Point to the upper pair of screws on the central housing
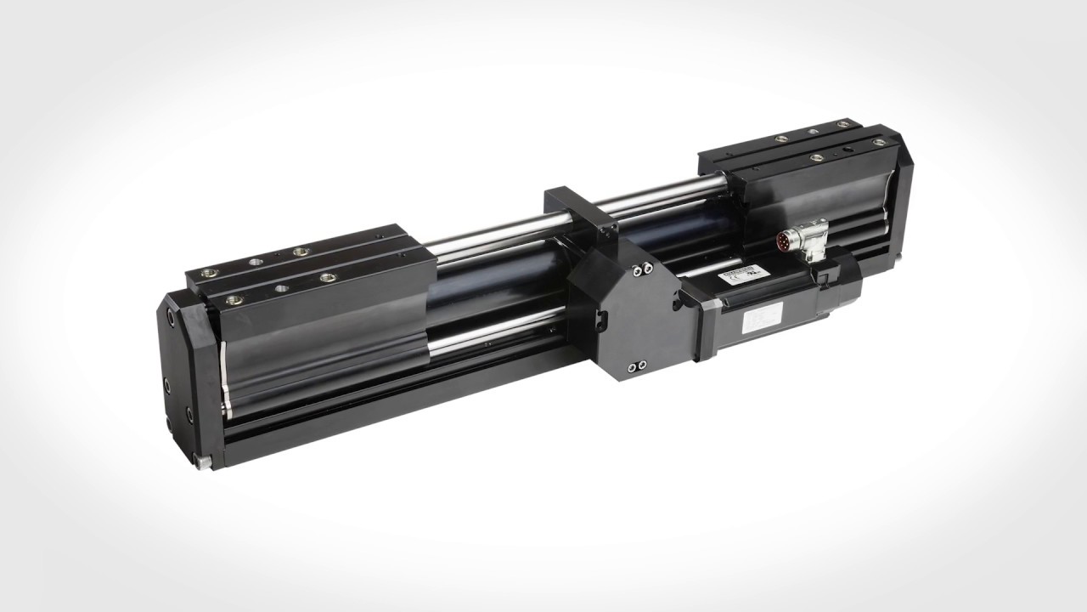click(x=641, y=269)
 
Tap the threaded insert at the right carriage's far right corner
click(x=842, y=125)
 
